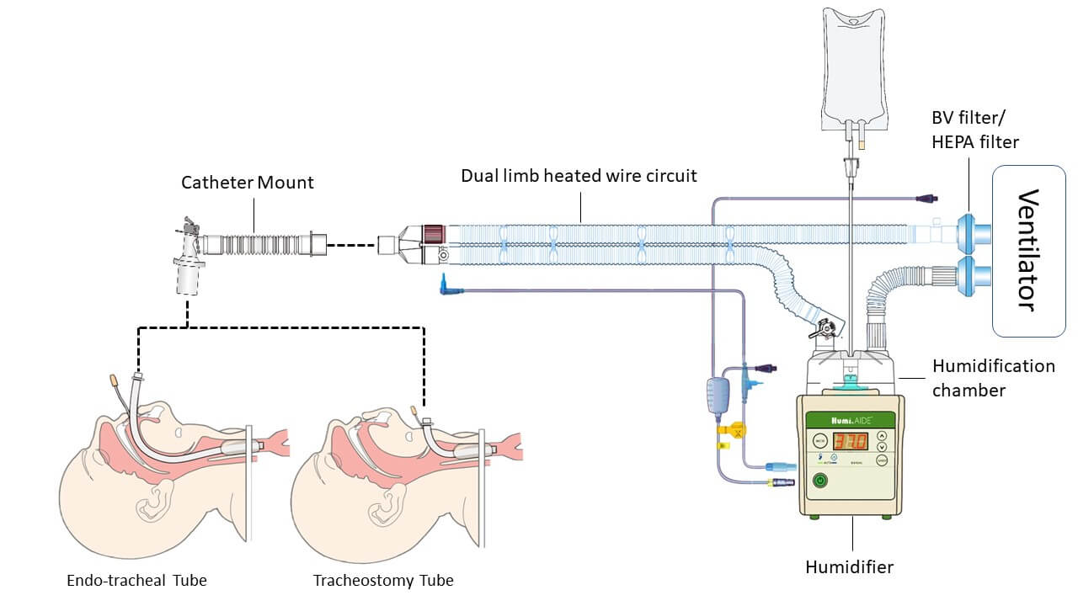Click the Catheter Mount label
pos(248,182)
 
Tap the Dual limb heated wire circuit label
pos(579,176)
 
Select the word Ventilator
pos(1027,251)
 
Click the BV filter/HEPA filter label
pos(974,130)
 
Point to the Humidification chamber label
pos(993,376)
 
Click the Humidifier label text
pos(849,566)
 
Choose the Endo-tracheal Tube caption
pos(136,580)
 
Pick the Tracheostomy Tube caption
pos(382,580)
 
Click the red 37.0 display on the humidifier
pos(851,441)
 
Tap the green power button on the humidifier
pos(819,481)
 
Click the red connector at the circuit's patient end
pos(434,231)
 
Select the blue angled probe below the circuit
pos(449,285)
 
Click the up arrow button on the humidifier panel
pos(882,436)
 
